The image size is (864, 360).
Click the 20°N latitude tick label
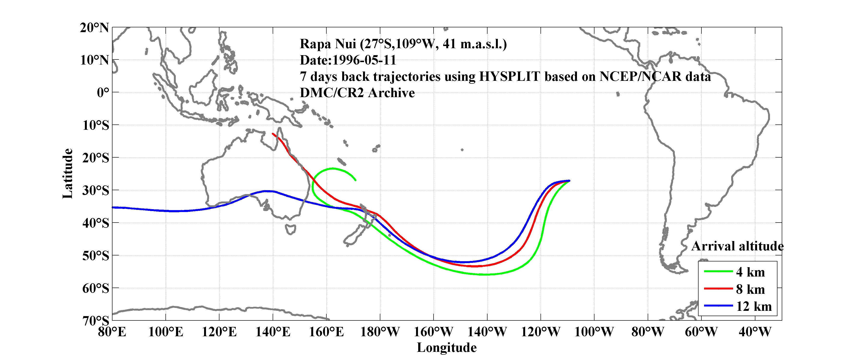click(x=94, y=28)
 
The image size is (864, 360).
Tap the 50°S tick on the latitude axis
click(x=96, y=256)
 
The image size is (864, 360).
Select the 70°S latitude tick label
click(x=96, y=321)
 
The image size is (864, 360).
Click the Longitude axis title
click(x=447, y=348)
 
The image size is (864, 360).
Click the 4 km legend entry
click(x=750, y=272)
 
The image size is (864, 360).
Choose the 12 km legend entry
click(x=754, y=306)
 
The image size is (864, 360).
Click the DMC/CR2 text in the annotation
click(x=331, y=93)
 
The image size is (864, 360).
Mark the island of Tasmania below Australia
click(x=290, y=230)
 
